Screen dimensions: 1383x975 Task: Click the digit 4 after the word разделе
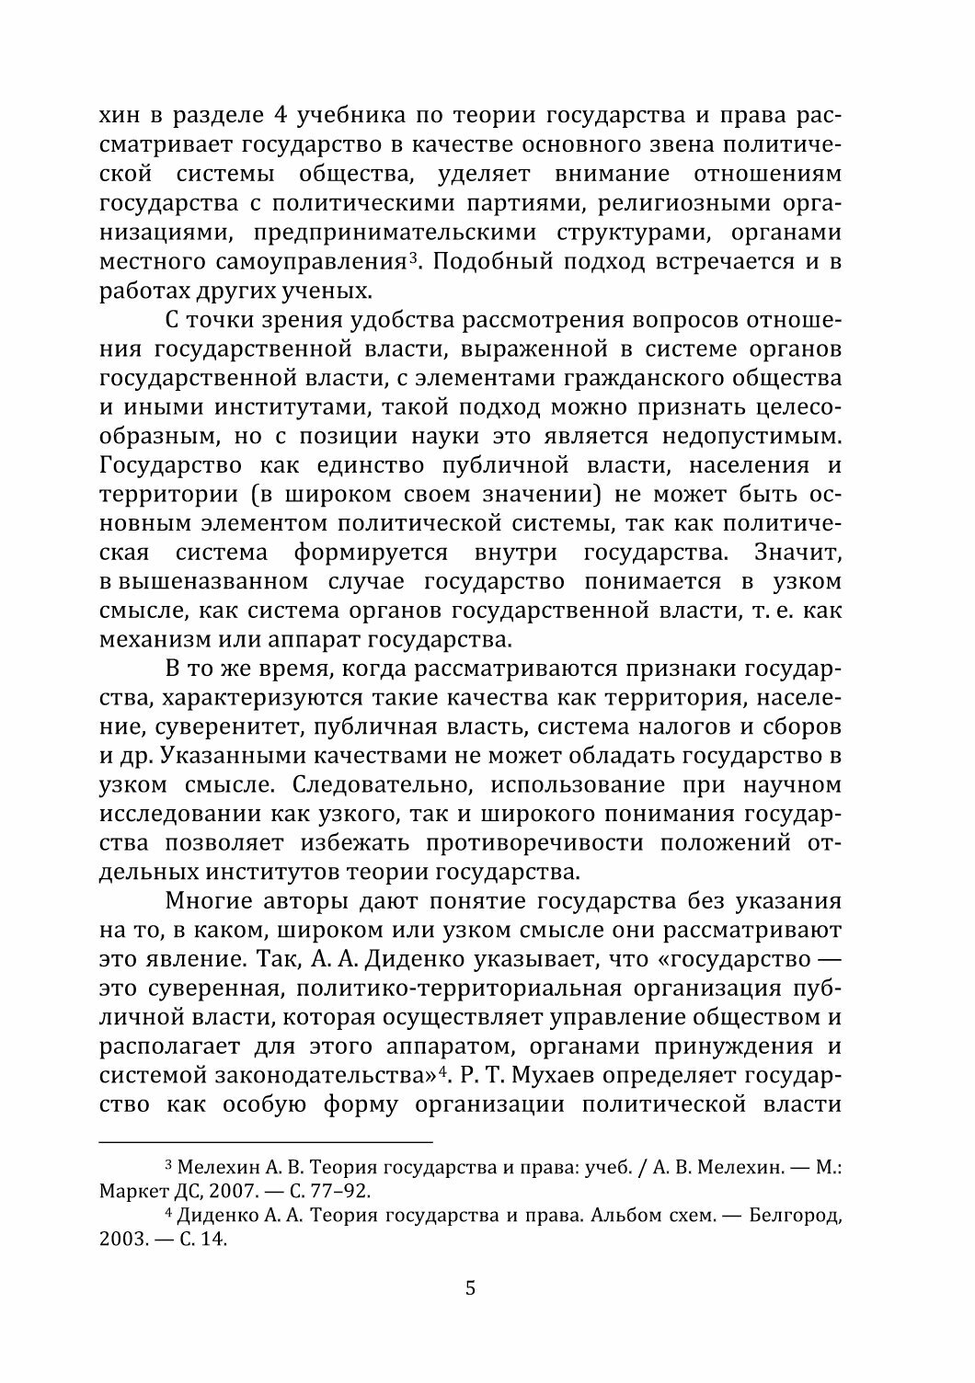click(x=283, y=118)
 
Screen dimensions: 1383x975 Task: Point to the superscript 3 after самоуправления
click(x=415, y=257)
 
